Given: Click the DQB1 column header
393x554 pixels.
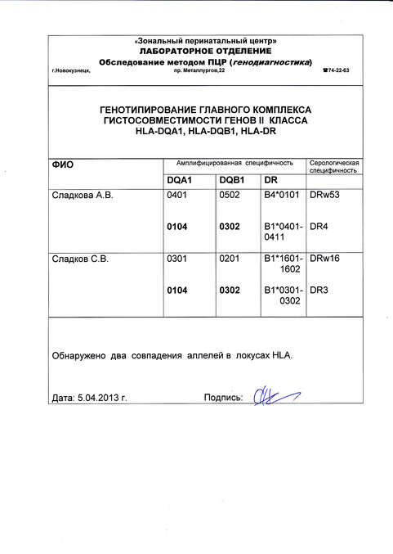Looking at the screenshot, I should [x=232, y=179].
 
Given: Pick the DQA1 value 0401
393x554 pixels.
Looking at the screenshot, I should [x=177, y=197].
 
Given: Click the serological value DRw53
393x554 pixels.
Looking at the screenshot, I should [x=325, y=197].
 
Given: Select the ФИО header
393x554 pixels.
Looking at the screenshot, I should [x=63, y=164].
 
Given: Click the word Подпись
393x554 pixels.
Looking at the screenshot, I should [x=223, y=399].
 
